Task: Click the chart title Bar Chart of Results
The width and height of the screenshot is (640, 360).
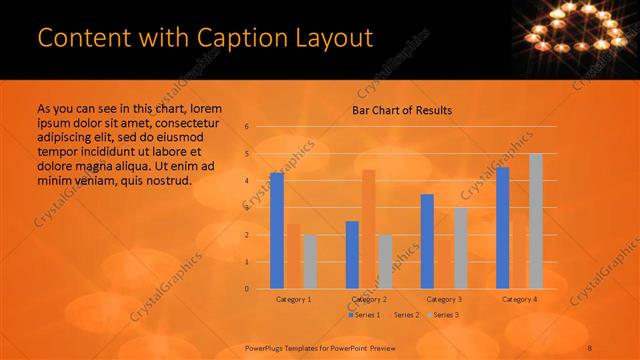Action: [x=402, y=110]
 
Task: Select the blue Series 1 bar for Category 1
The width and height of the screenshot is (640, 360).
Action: [x=277, y=230]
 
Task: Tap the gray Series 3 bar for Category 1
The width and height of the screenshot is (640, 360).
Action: [x=310, y=261]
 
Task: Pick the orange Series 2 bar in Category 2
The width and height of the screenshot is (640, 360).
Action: [x=368, y=229]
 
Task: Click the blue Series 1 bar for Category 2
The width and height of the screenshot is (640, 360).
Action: [x=352, y=254]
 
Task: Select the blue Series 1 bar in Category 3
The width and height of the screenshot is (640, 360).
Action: [x=427, y=241]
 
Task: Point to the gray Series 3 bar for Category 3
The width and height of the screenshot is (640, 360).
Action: [x=461, y=247]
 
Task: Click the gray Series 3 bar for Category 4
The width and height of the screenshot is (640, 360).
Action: [x=536, y=221]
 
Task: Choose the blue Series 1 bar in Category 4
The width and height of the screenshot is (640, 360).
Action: [x=503, y=227]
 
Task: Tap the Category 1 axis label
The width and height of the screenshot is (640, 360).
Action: [x=293, y=299]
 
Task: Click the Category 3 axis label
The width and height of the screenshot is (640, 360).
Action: [x=444, y=299]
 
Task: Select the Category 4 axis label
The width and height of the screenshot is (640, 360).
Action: [x=519, y=299]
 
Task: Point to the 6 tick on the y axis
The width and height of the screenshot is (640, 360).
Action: [x=247, y=127]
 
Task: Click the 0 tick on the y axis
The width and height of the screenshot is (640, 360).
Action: [x=247, y=288]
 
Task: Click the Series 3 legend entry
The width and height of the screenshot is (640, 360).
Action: [x=441, y=315]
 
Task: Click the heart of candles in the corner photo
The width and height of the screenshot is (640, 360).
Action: [x=576, y=30]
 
